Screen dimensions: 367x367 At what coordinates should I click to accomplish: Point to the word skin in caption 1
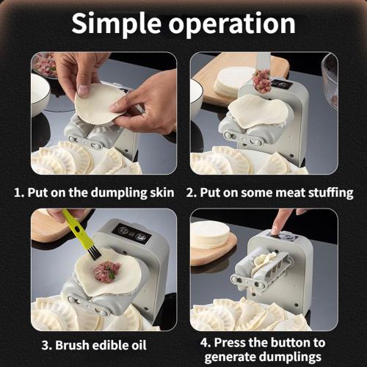[159, 193]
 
